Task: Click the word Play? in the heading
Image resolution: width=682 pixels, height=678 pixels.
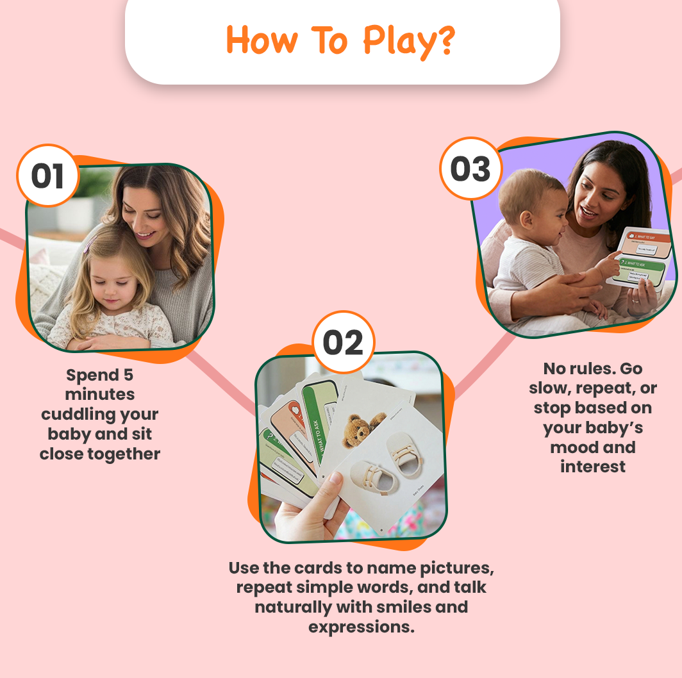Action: click(409, 41)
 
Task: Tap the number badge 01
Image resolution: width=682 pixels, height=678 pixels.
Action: click(48, 176)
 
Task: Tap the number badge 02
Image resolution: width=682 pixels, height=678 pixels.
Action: click(343, 343)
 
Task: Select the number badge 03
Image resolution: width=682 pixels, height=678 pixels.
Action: click(470, 169)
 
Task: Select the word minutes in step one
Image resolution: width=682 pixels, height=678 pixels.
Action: click(99, 394)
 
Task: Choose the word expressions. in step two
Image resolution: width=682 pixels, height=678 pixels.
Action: click(362, 626)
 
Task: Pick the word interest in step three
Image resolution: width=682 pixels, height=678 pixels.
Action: click(593, 467)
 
